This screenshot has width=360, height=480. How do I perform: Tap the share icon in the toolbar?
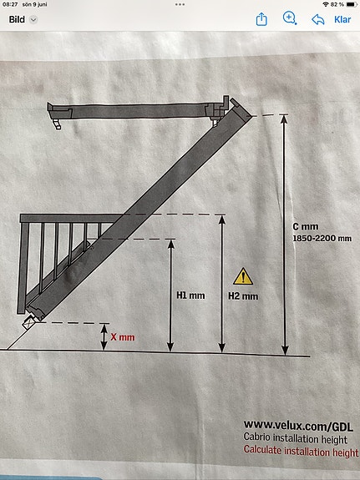(261, 19)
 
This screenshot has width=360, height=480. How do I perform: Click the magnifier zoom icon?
(289, 18)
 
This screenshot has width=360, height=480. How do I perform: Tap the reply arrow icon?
(317, 19)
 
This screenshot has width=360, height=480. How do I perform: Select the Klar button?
(342, 19)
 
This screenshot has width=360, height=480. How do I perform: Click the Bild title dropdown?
(23, 19)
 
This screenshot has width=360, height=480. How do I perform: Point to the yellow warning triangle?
(243, 276)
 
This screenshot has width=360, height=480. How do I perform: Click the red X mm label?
(123, 337)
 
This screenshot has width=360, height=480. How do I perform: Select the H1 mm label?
(190, 296)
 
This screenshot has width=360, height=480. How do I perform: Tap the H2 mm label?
(243, 296)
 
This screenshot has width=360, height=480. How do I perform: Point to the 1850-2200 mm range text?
(322, 238)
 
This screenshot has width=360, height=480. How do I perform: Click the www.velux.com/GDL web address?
(298, 426)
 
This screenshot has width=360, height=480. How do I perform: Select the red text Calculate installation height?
(301, 451)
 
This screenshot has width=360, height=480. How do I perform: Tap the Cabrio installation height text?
(296, 438)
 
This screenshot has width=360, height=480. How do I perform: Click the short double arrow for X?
(104, 336)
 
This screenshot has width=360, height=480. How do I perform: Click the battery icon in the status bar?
(352, 5)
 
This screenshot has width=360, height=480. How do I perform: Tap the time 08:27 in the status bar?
(10, 5)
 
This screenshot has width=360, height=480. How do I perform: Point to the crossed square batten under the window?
(29, 322)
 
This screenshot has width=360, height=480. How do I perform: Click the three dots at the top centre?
(180, 5)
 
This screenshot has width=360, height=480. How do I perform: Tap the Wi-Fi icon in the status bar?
(326, 5)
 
